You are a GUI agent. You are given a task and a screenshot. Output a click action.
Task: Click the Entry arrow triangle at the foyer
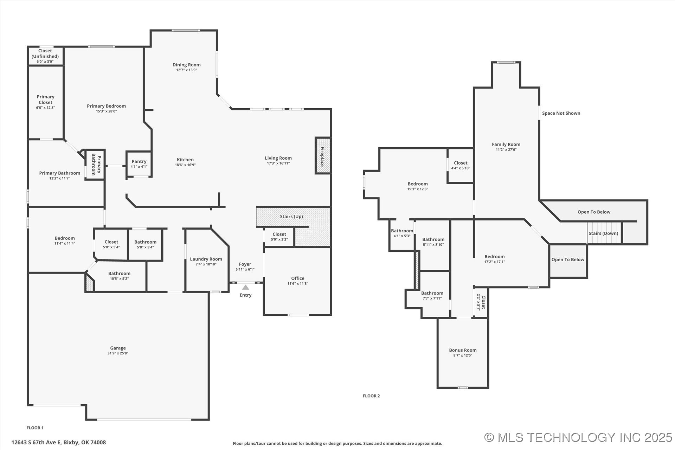pos(246,287)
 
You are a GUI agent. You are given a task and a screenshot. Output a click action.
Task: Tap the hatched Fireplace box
pos(323,155)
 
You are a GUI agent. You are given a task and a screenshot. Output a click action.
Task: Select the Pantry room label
pos(139,161)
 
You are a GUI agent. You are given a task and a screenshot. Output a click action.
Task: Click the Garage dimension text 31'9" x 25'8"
pos(118,353)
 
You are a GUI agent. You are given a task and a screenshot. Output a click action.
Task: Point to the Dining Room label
pos(187,65)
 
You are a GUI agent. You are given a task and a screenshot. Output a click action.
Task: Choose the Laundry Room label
pos(206,259)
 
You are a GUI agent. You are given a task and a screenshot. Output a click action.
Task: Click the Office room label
pos(298,278)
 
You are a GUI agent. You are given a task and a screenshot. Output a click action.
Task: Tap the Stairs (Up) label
pos(291,217)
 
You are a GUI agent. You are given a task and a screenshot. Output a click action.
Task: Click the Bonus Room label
pos(463,350)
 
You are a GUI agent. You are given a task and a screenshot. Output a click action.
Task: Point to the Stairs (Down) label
pos(603,233)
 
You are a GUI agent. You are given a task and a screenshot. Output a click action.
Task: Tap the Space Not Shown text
pos(561,113)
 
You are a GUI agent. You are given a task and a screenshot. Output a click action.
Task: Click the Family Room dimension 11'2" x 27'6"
pos(506,150)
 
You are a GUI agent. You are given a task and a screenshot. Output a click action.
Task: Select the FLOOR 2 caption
pos(371,396)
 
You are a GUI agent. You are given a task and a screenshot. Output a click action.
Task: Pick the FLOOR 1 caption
pos(35,428)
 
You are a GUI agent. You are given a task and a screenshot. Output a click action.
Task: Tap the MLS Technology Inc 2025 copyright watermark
pos(578,437)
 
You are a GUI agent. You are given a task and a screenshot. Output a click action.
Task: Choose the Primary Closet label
pos(46,99)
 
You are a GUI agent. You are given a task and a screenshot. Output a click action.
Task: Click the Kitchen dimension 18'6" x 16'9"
pos(185,165)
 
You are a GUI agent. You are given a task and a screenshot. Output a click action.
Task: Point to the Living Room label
pos(278,158)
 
